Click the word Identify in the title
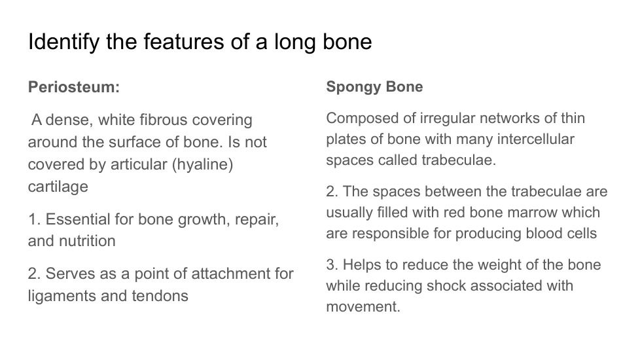tap(63, 42)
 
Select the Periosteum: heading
tap(74, 87)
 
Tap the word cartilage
tap(58, 187)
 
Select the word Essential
tap(78, 219)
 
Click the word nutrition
tap(87, 241)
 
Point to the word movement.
tap(363, 306)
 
